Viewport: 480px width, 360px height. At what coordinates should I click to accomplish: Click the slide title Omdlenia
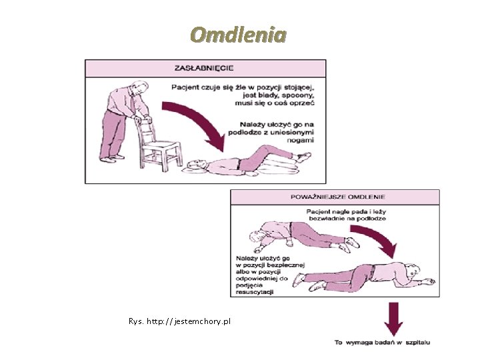[x=238, y=35]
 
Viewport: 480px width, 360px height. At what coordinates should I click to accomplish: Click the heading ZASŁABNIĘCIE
[x=205, y=67]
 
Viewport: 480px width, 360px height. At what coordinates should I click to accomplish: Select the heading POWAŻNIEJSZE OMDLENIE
[x=338, y=197]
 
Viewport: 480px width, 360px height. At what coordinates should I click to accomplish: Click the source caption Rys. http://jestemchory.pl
[x=179, y=321]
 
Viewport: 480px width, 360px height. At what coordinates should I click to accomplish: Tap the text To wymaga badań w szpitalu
[x=382, y=343]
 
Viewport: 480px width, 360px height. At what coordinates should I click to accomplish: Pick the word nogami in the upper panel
[x=301, y=141]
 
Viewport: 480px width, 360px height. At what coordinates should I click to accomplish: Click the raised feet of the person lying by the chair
[x=303, y=159]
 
